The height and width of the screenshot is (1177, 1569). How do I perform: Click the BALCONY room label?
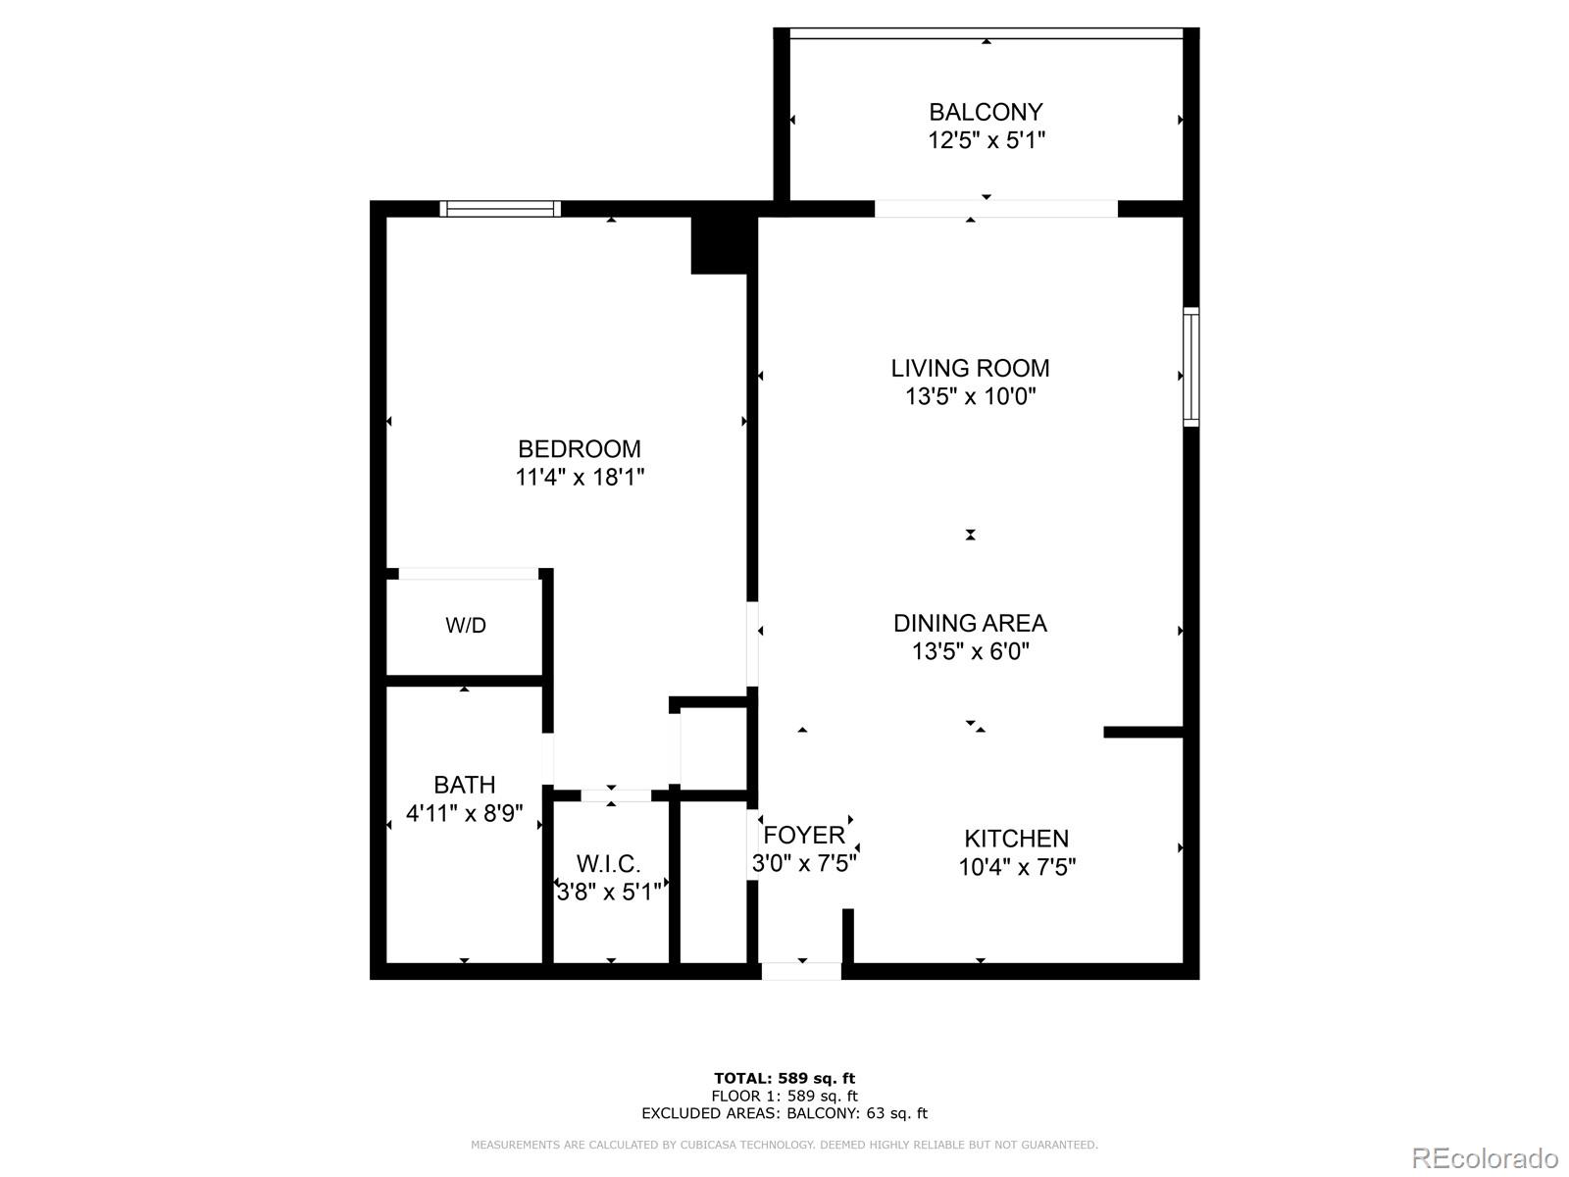pos(986,112)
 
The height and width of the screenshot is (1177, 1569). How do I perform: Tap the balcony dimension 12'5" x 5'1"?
pos(987,140)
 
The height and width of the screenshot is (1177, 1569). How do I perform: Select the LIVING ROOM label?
pos(970,368)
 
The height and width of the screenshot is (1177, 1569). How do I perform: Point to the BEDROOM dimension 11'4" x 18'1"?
pos(580,478)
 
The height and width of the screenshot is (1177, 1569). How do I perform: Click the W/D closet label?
pos(466,626)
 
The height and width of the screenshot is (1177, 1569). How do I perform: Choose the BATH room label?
pos(464,785)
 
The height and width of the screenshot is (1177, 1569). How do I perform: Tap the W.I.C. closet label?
pos(608,864)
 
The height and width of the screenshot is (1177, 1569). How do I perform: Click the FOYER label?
pos(804,835)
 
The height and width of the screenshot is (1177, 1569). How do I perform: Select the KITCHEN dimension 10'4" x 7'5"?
pos(1017,867)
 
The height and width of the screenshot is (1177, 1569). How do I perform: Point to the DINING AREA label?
pos(970,623)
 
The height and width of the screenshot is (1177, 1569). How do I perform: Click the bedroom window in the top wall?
pos(500,208)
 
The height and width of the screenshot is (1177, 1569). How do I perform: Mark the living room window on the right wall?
pos(1190,366)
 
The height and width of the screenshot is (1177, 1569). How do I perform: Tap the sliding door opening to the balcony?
pos(995,208)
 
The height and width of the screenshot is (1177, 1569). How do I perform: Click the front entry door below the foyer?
pos(801,971)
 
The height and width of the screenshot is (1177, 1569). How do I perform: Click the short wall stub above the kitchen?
pos(1143,732)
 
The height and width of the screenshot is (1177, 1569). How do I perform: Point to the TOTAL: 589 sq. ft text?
pos(784,1079)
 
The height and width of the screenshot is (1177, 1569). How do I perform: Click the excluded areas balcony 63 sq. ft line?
pos(784,1113)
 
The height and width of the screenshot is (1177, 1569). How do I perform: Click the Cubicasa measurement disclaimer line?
pos(784,1145)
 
